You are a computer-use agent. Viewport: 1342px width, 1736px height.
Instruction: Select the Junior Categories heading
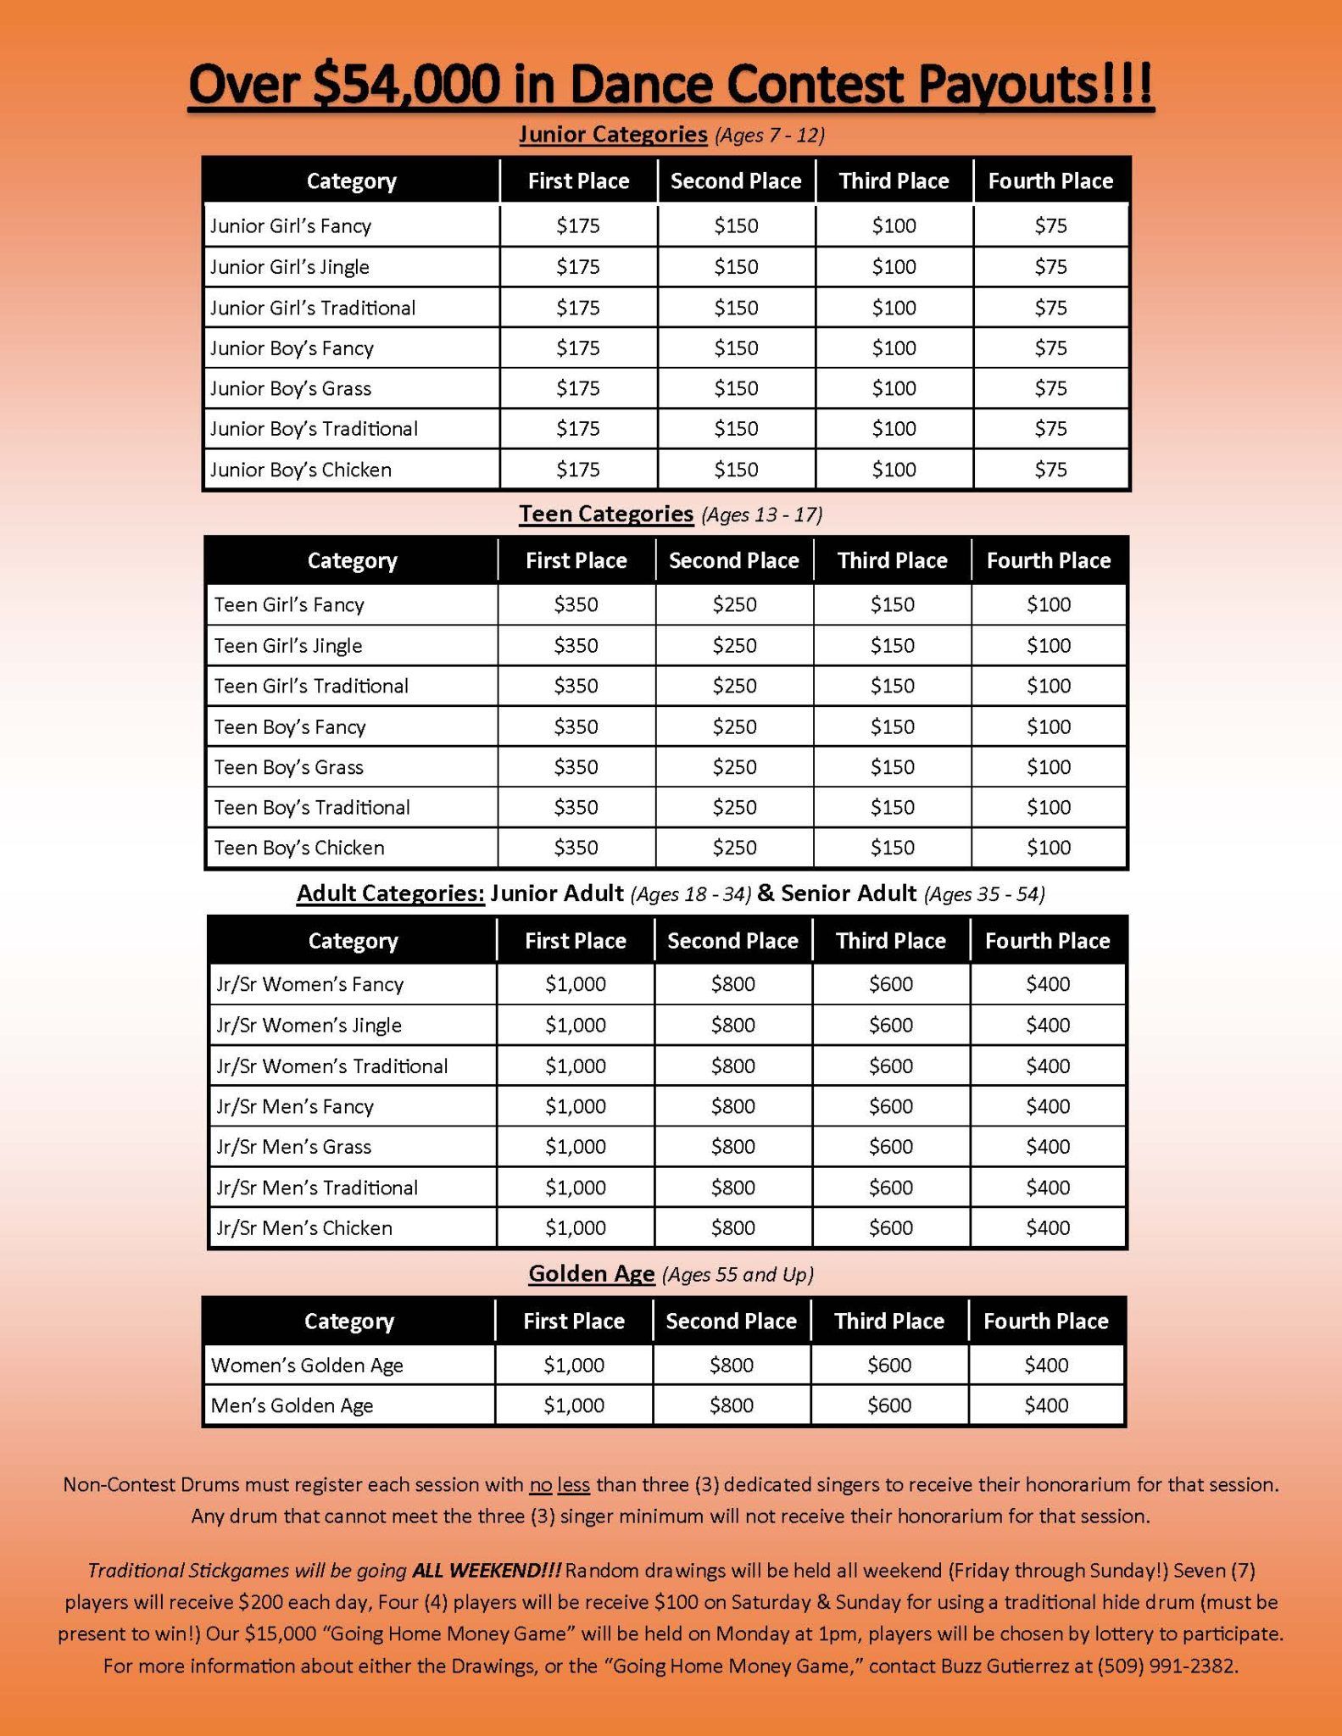613,134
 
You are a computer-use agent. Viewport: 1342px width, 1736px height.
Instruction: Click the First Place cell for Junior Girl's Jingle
578,267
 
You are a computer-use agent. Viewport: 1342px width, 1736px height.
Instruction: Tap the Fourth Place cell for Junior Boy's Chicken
1050,470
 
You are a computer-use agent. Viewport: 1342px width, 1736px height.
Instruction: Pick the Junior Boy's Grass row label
291,388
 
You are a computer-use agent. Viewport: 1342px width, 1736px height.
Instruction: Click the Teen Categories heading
606,514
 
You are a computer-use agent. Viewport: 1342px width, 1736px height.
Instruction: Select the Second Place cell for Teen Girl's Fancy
734,604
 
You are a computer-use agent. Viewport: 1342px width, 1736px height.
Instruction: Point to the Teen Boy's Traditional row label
312,807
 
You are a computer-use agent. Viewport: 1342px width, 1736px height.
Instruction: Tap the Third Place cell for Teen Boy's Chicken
892,848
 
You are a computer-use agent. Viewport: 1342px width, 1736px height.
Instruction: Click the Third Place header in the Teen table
892,560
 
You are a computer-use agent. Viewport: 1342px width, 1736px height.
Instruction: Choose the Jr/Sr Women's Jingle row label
309,1025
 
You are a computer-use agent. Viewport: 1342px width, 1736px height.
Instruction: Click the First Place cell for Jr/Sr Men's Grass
576,1146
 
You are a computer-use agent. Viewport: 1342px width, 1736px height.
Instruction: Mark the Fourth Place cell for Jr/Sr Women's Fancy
1048,984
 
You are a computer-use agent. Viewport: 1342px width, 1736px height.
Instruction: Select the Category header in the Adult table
352,941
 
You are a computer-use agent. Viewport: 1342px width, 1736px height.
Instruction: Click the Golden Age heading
591,1274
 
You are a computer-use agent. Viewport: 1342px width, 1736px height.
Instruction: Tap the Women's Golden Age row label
307,1365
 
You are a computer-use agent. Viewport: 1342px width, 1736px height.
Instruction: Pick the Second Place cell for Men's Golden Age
731,1405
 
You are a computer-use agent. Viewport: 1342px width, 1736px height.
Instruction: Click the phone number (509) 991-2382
1167,1666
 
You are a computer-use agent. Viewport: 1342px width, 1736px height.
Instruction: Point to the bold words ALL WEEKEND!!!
486,1571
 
